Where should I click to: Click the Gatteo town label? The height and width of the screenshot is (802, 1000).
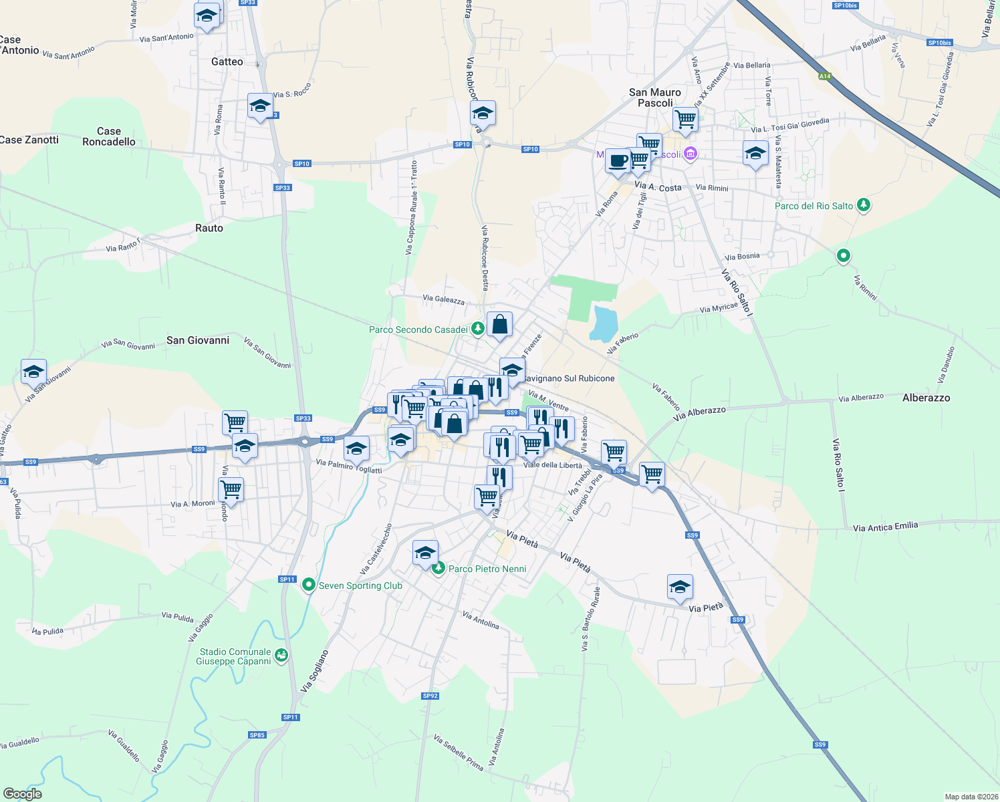227,61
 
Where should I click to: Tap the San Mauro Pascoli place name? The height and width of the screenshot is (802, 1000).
655,98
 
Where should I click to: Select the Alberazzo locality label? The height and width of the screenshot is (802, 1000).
926,398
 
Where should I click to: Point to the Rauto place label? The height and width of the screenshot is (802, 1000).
209,228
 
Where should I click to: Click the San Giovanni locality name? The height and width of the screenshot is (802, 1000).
198,340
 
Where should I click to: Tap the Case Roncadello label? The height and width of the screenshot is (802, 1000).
109,136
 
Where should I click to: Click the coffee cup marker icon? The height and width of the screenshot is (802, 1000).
618,161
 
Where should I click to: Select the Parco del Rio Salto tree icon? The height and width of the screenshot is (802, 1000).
864,205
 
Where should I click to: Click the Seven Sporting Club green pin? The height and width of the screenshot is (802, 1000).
309,585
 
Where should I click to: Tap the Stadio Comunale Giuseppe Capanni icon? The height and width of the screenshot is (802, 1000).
281,656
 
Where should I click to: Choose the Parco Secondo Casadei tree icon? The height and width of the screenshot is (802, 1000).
477,329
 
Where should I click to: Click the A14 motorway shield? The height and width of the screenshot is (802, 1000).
825,76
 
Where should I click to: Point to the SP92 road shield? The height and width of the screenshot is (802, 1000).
430,696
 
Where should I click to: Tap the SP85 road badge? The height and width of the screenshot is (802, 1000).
257,735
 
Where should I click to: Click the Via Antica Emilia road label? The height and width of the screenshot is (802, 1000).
885,527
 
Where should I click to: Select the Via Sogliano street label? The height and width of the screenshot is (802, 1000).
315,670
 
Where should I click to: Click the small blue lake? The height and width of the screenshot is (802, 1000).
603,323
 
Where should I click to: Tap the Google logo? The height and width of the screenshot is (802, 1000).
22,794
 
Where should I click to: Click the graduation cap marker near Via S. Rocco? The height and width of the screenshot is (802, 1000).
260,106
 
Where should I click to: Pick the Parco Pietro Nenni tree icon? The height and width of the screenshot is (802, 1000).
439,568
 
